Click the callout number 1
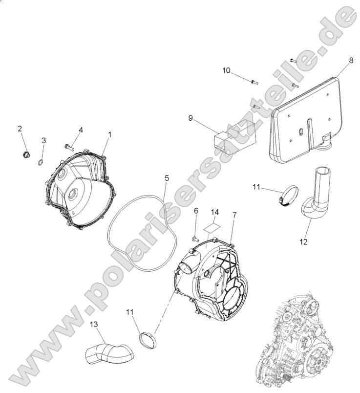[110, 133]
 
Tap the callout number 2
[20, 129]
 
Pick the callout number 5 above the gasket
[167, 178]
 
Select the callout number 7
[234, 215]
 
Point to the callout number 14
[215, 212]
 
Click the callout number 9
[191, 117]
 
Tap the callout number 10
[226, 70]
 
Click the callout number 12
[303, 241]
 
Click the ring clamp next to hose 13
[148, 338]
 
